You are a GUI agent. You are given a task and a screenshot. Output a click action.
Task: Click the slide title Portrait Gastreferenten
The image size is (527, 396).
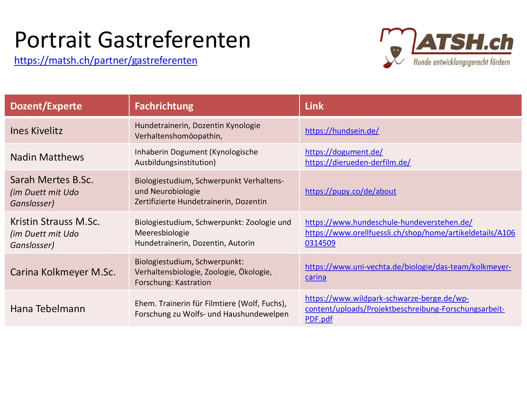pos(132,40)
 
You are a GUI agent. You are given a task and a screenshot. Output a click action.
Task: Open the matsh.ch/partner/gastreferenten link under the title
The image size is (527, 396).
pos(106,61)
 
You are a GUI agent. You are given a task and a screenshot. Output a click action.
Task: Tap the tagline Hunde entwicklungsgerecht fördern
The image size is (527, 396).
pos(461,62)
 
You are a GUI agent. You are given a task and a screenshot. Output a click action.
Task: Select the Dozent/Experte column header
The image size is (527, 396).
pos(46,106)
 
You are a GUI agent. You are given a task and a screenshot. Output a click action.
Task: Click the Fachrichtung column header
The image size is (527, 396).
pos(164,106)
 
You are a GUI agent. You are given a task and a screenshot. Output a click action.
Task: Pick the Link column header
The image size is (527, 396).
pos(314,106)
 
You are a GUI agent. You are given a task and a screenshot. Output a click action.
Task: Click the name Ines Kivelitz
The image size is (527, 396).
pos(37,131)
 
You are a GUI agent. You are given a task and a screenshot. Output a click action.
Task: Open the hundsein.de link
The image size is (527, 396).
pos(342,131)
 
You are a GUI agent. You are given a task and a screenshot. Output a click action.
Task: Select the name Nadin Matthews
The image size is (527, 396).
pos(47,157)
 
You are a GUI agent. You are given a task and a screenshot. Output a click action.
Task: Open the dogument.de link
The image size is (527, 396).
pos(344,152)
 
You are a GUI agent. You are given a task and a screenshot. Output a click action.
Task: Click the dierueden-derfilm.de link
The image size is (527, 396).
pos(358,163)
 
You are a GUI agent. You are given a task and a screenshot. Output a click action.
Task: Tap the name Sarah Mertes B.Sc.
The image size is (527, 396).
pos(52,180)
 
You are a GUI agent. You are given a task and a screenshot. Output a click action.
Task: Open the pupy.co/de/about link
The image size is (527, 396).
pos(350,191)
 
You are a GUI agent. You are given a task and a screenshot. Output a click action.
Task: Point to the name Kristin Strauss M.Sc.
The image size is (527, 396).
pos(55,222)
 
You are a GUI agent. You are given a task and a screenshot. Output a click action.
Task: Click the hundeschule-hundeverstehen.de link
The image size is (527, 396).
pos(388,222)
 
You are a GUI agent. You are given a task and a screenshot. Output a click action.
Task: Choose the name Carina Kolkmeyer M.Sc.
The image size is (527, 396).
pos(63,272)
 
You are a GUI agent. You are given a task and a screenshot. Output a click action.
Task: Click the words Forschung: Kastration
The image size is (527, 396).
pos(173,282)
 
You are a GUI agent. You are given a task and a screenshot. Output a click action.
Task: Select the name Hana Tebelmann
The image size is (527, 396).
pos(48,309)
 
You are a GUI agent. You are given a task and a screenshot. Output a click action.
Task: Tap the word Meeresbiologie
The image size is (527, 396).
pos(162,233)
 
